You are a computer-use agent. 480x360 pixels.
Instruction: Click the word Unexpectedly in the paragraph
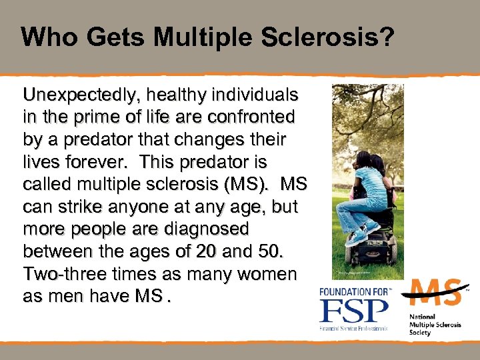pos(79,95)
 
